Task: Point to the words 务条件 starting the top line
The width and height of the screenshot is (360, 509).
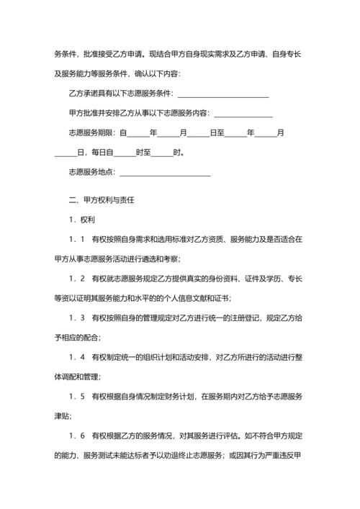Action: [x=66, y=55]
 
